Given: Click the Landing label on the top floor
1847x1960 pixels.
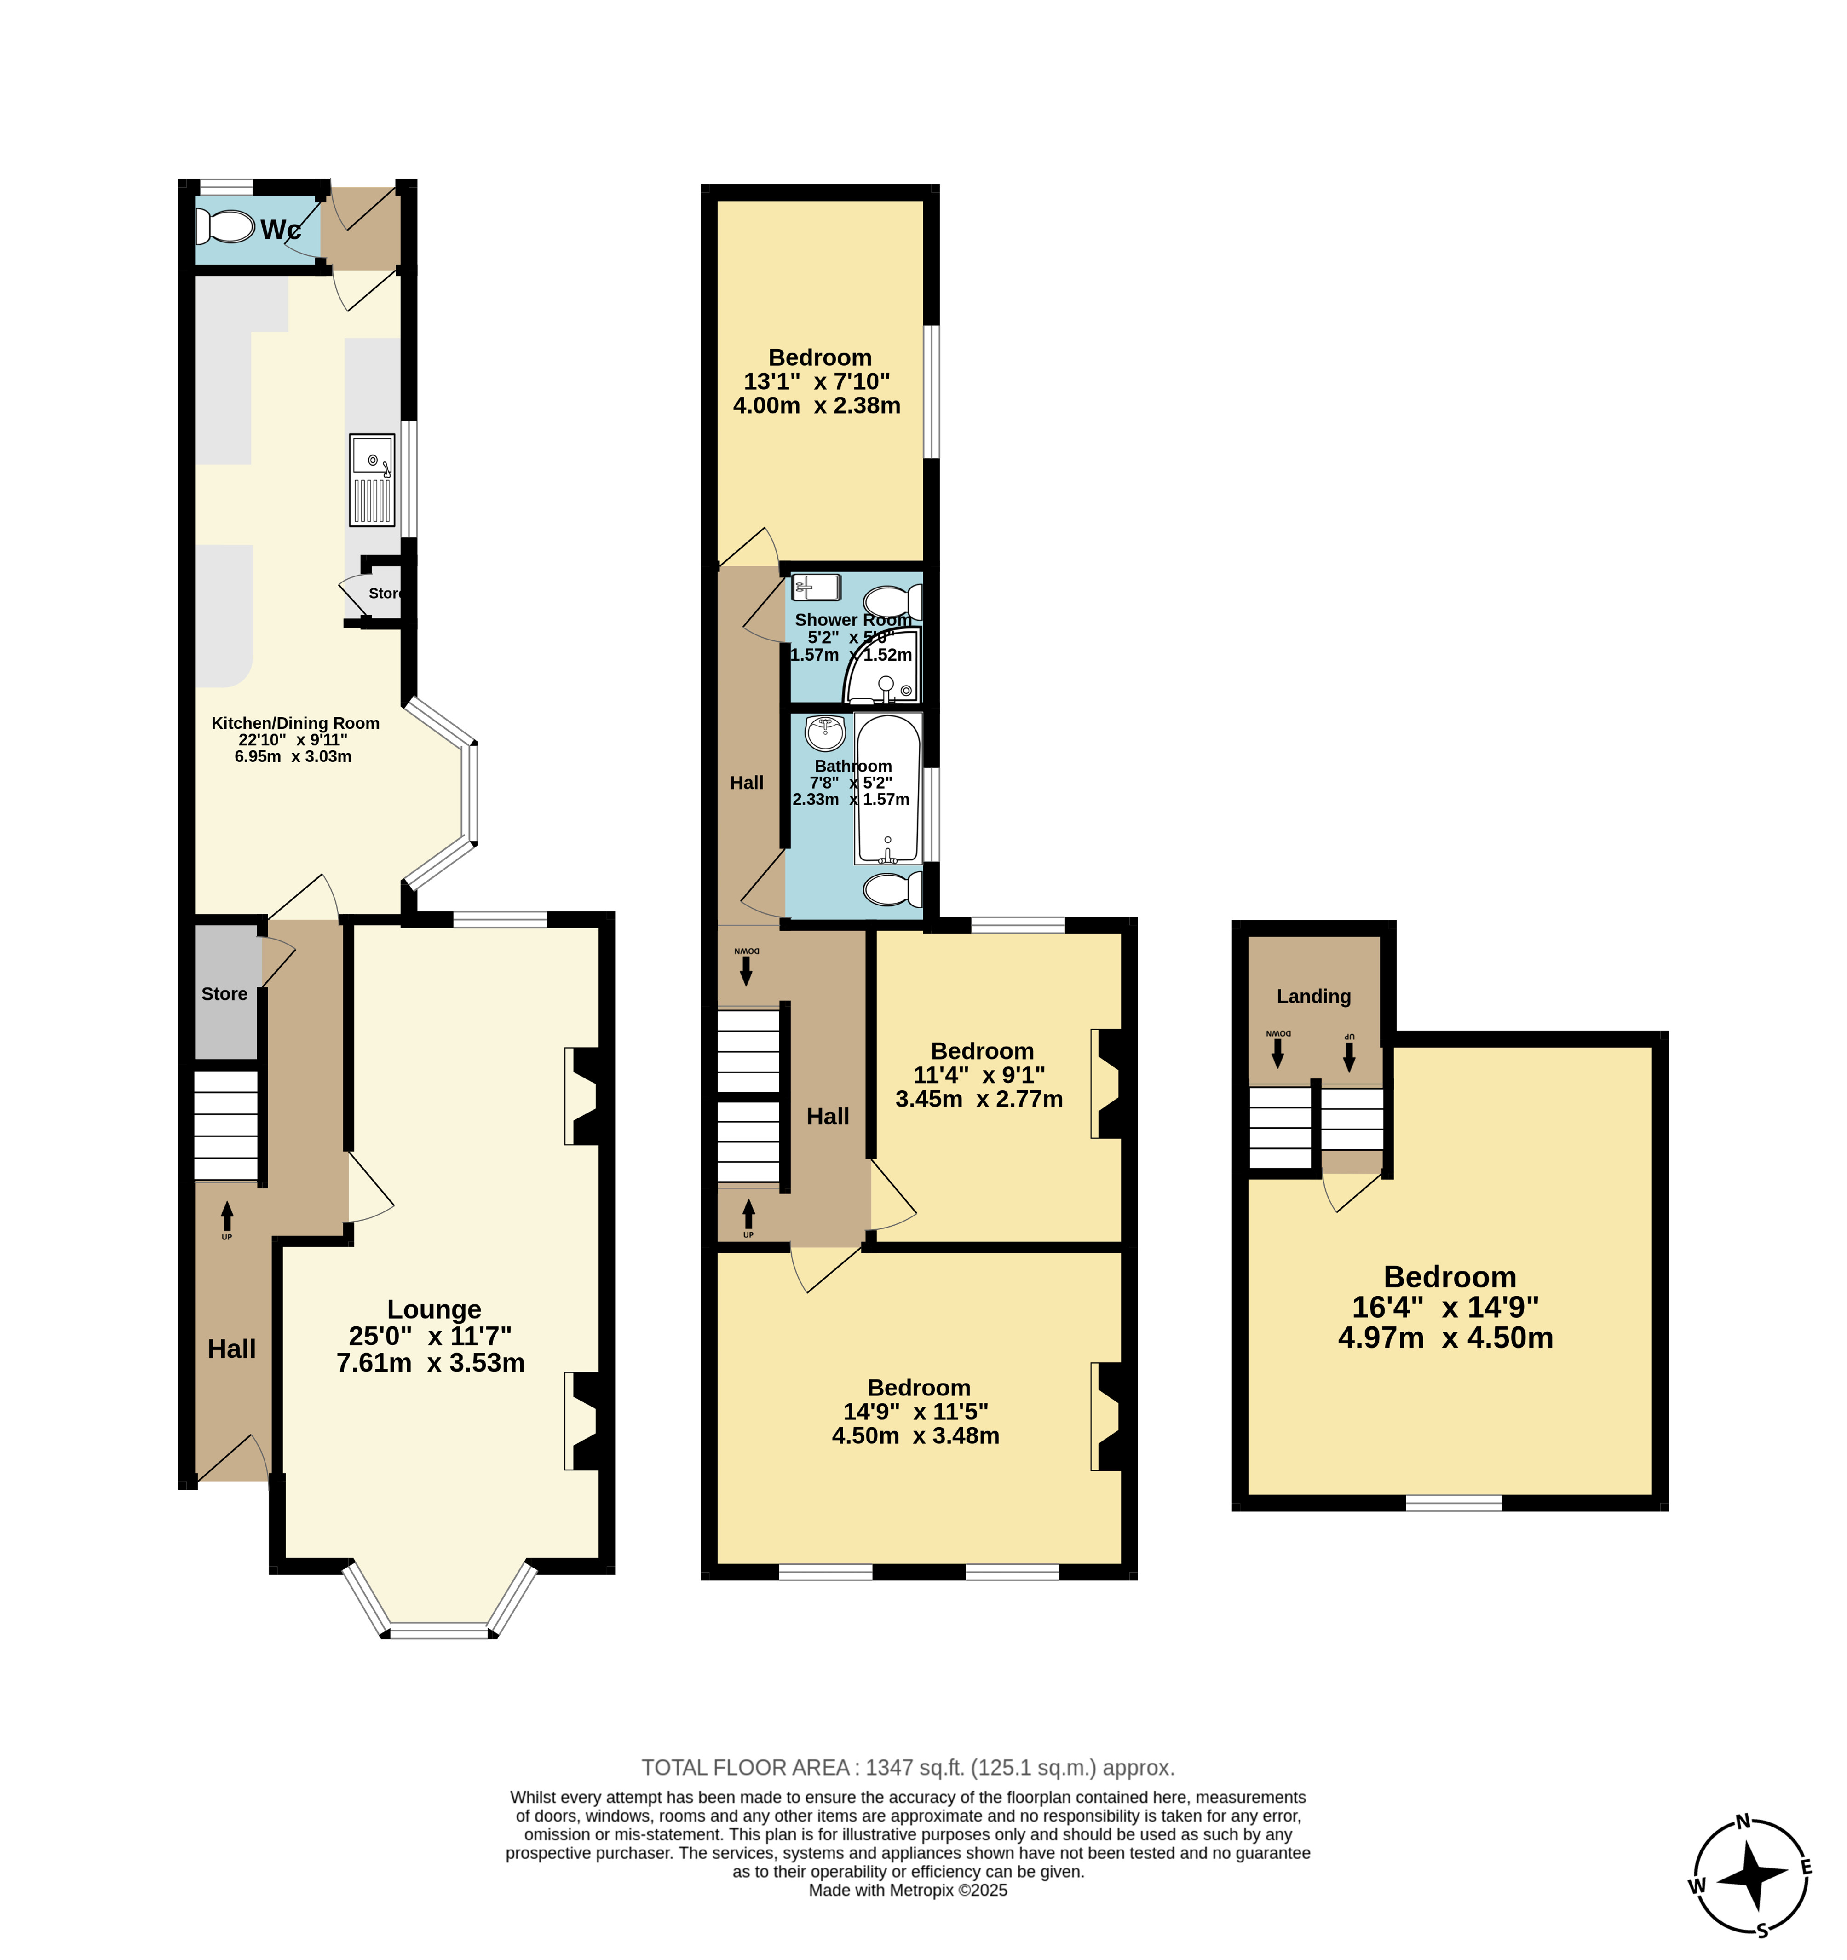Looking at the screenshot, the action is [x=1314, y=996].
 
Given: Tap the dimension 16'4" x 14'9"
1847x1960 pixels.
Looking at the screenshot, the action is [x=1446, y=1307].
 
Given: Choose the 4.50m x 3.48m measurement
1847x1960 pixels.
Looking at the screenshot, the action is [x=915, y=1435].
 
